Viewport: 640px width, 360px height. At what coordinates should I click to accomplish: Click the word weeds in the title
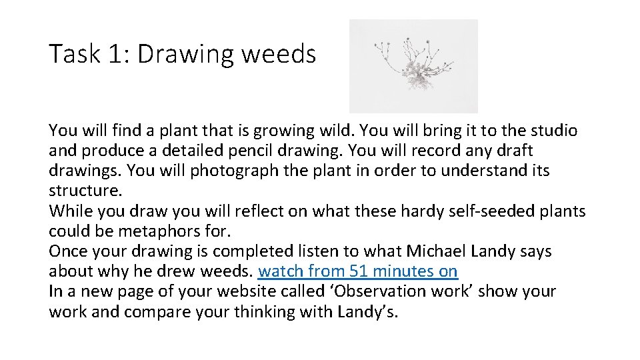pyautogui.click(x=279, y=54)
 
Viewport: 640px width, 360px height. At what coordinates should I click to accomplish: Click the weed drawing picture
pyautogui.click(x=413, y=66)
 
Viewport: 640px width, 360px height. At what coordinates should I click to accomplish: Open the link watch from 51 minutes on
pyautogui.click(x=357, y=271)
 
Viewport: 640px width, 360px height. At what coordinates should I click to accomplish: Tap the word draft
pyautogui.click(x=513, y=150)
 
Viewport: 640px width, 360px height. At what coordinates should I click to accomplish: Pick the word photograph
pyautogui.click(x=233, y=171)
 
